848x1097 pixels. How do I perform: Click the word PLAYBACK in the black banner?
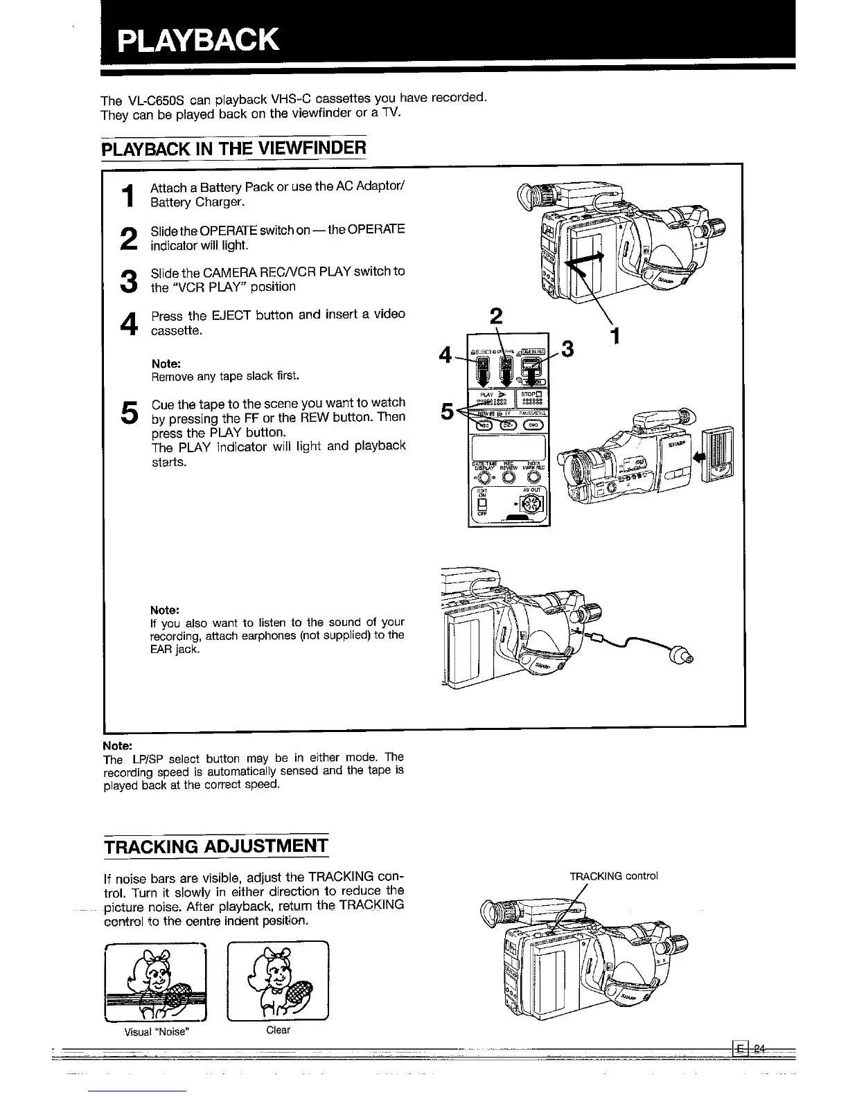[198, 39]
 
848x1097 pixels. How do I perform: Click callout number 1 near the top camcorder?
[613, 337]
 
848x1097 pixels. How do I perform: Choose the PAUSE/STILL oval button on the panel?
[533, 425]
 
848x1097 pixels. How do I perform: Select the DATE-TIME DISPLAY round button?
[482, 476]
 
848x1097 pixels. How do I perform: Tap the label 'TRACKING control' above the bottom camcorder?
[612, 876]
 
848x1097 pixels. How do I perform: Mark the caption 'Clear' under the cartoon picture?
[278, 1030]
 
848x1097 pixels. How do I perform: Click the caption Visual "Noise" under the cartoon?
[157, 1031]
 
